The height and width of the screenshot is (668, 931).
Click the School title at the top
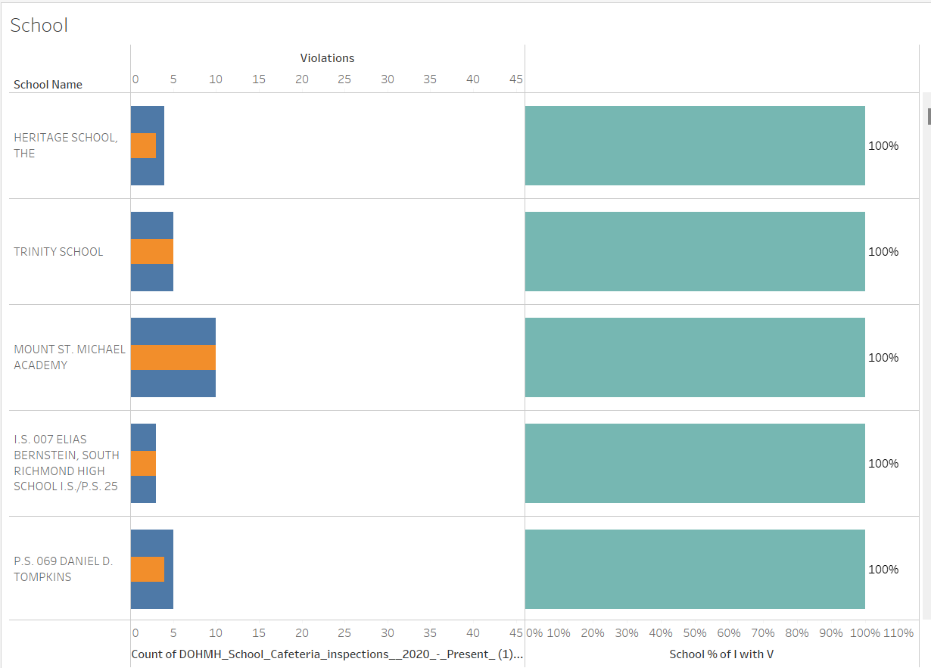coord(39,26)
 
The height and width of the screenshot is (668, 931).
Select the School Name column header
coord(48,85)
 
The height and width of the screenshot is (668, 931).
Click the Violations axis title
coord(327,58)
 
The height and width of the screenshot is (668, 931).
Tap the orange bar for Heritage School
coord(143,145)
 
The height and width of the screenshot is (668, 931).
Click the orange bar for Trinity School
coord(152,251)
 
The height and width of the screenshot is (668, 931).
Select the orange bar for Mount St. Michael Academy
coord(173,357)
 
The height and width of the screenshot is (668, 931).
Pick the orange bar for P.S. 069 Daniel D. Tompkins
coord(148,569)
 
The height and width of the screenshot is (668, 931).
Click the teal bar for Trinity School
coord(695,251)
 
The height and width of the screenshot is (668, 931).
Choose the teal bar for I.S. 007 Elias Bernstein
coord(695,463)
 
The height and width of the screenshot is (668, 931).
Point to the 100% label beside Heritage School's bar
coord(883,146)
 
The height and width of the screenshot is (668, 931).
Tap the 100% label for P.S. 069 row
coord(883,570)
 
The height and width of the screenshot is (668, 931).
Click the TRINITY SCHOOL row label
coord(58,252)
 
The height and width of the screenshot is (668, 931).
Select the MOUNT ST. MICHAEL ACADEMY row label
coord(70,357)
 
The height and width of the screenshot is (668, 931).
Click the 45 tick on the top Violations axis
coord(515,79)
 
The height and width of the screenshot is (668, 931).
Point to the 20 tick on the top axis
coord(301,79)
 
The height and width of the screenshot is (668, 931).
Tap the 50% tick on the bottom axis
coord(695,633)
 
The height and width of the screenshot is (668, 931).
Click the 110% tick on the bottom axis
coord(898,633)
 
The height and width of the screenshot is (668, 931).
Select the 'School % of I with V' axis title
coord(721,654)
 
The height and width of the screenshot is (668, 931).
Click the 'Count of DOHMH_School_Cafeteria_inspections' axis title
coord(327,654)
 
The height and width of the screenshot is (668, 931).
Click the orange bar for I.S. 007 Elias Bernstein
coord(143,463)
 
